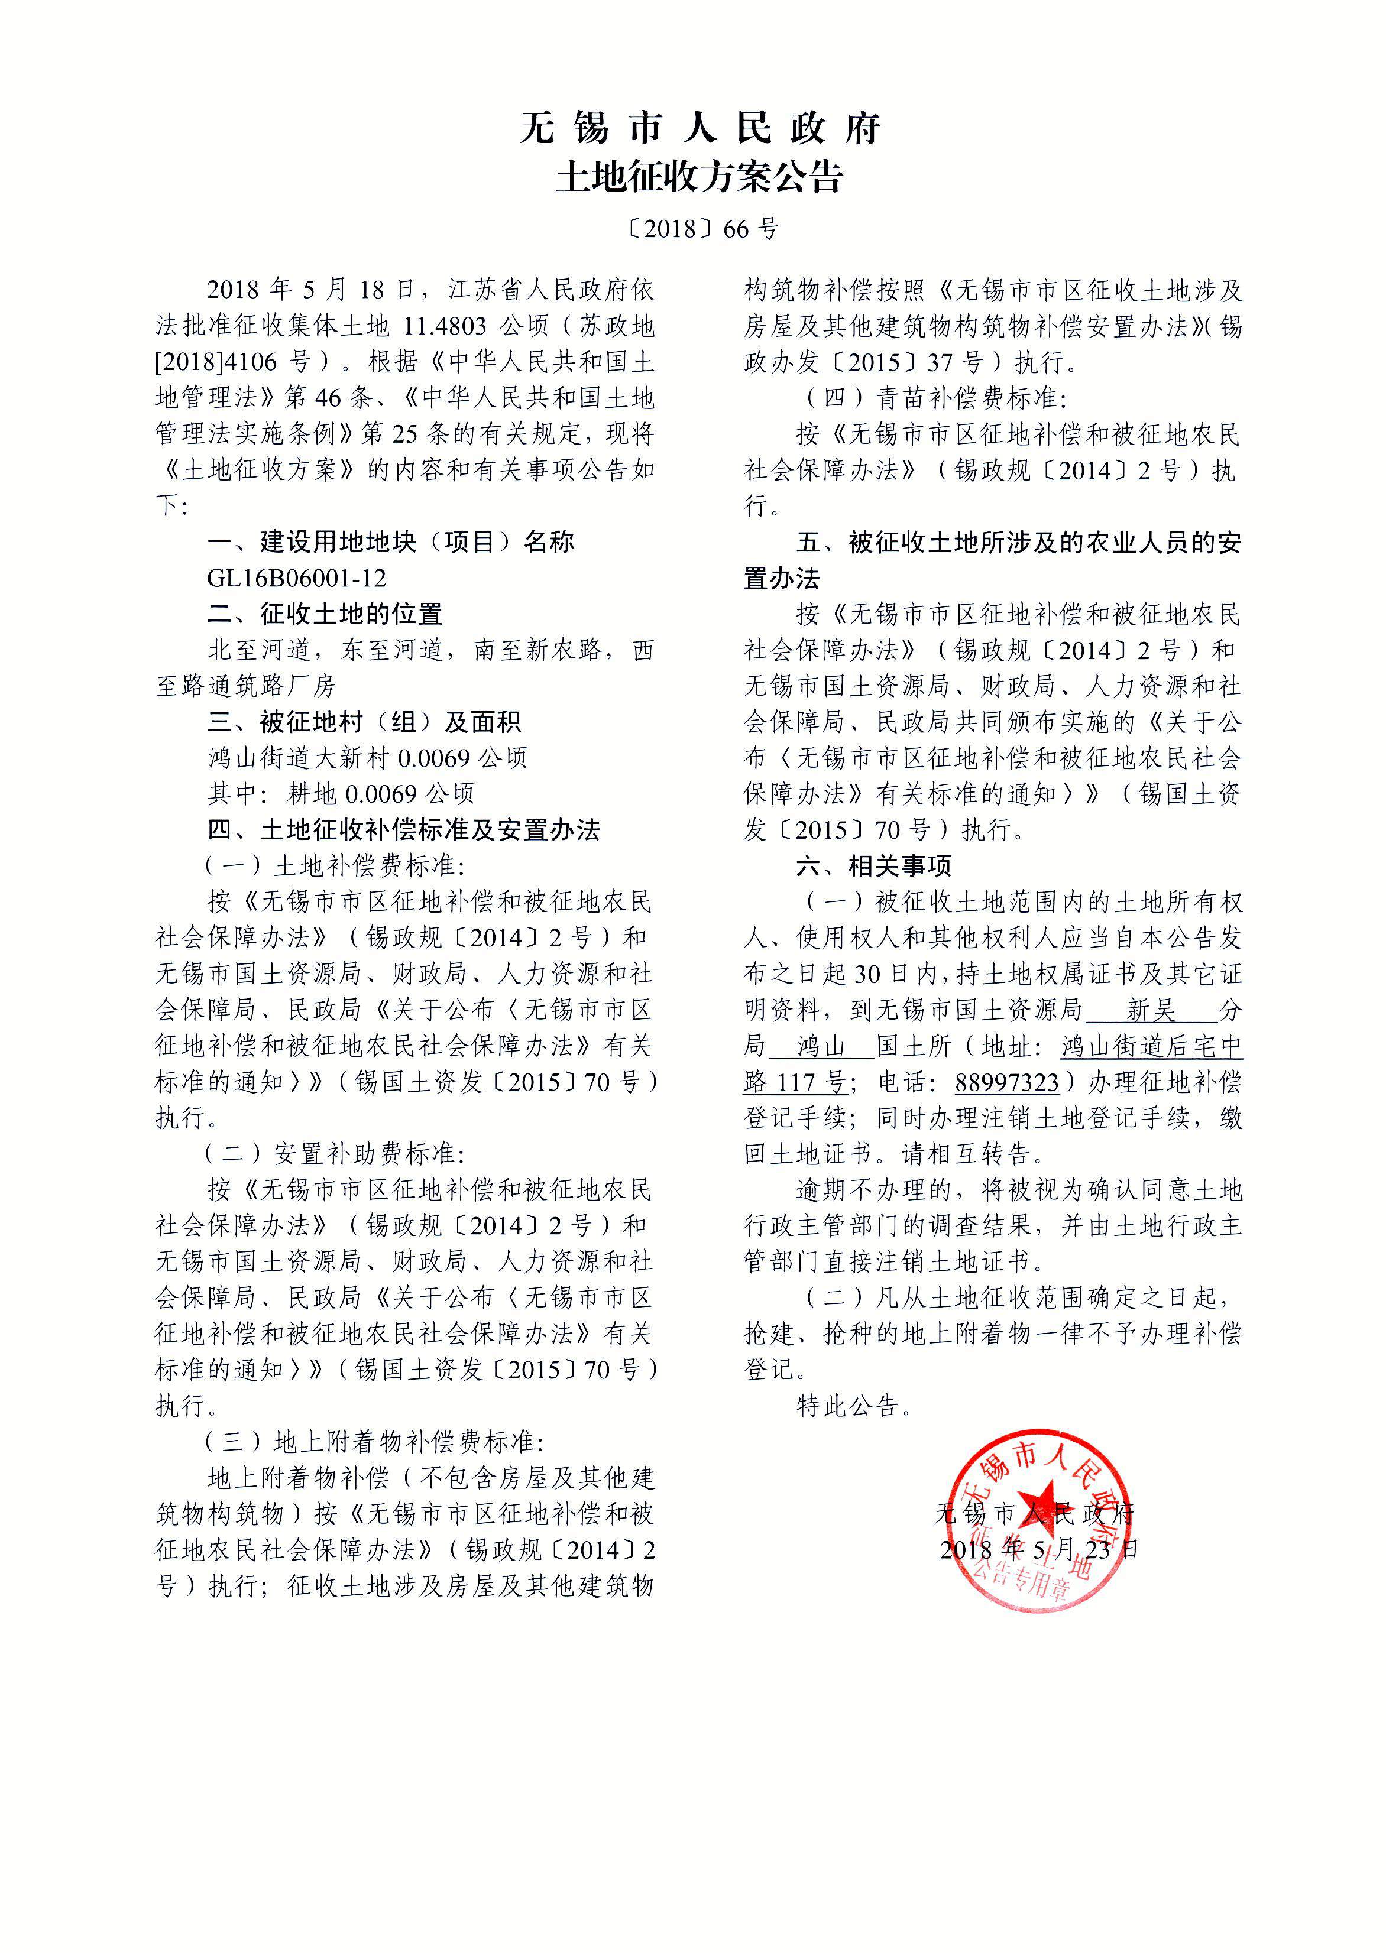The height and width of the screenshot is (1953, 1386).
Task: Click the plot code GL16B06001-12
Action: click(296, 579)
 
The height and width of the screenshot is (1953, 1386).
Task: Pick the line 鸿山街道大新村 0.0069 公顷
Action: click(368, 758)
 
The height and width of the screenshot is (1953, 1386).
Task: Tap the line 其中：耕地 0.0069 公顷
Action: click(341, 793)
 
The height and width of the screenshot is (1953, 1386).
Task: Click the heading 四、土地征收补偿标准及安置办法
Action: click(404, 830)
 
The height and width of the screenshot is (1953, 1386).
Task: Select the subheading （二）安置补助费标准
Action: click(335, 1154)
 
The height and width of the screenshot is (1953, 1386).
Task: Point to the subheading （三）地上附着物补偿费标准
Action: click(374, 1442)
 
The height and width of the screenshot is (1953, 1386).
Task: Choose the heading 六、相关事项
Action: click(874, 866)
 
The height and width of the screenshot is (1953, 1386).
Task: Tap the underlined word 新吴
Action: click(1151, 1011)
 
